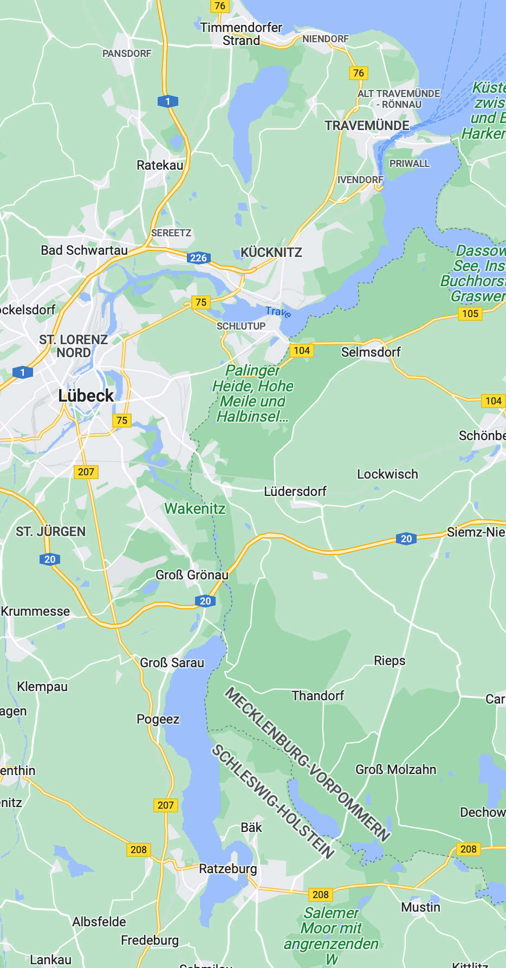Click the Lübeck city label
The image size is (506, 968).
coord(86,396)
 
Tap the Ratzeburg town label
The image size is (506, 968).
coord(228,869)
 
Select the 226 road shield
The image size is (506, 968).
coord(199,258)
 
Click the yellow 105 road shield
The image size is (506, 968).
coord(470,313)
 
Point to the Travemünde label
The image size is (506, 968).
coord(367,126)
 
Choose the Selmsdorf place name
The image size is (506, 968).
coord(371,352)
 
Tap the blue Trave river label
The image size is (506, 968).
coord(278,312)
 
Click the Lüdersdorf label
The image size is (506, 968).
coord(295,492)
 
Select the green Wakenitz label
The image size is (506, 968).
coord(195,508)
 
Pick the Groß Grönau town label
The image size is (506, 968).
coord(192,575)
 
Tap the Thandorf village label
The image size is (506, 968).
coord(318,695)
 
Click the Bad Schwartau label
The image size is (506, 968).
coord(85,250)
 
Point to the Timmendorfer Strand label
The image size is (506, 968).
coord(241,34)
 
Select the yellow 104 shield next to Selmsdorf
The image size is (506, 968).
coord(302,350)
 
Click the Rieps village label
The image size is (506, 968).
coord(390,661)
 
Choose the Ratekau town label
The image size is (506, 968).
coord(160,165)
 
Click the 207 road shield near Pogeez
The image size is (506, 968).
coord(166,805)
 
